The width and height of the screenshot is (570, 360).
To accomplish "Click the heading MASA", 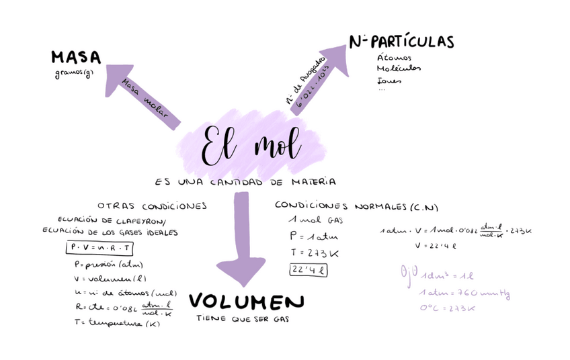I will tap(75, 58).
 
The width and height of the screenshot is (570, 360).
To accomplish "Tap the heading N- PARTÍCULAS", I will tap(401, 42).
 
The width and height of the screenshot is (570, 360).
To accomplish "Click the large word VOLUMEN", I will tap(247, 302).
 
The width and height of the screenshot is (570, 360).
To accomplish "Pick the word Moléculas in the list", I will tap(399, 69).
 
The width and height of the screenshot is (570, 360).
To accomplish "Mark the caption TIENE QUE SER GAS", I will tap(243, 320).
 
